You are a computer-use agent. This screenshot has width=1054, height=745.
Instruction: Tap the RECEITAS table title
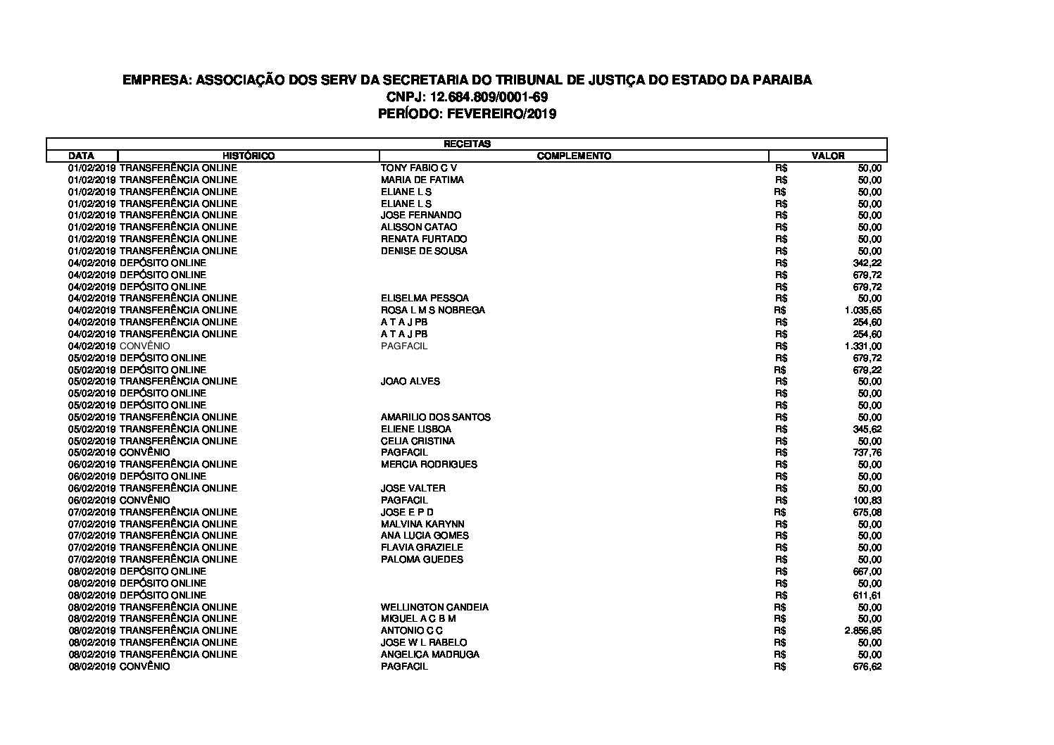(x=467, y=144)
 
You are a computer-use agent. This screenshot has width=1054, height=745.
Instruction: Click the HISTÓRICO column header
(x=249, y=156)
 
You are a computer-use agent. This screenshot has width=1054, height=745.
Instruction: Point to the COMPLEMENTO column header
(x=574, y=156)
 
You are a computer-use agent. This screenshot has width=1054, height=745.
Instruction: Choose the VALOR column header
(x=828, y=156)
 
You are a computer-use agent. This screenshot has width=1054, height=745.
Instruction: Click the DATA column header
(x=82, y=156)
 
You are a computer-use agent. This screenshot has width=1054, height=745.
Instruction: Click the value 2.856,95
(x=862, y=631)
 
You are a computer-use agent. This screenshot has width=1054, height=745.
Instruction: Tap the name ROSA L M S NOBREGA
(x=432, y=310)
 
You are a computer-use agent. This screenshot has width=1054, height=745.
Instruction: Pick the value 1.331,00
(x=862, y=346)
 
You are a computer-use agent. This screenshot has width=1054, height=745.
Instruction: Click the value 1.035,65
(x=862, y=310)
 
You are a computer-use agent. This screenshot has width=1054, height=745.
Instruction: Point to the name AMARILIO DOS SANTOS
(x=435, y=417)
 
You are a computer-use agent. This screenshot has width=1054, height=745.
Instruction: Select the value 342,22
(x=867, y=263)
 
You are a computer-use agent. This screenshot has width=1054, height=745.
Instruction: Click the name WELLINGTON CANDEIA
(x=434, y=607)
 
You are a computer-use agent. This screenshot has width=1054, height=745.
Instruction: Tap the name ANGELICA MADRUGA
(x=429, y=654)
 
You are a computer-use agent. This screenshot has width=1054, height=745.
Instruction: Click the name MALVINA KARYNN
(x=422, y=524)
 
